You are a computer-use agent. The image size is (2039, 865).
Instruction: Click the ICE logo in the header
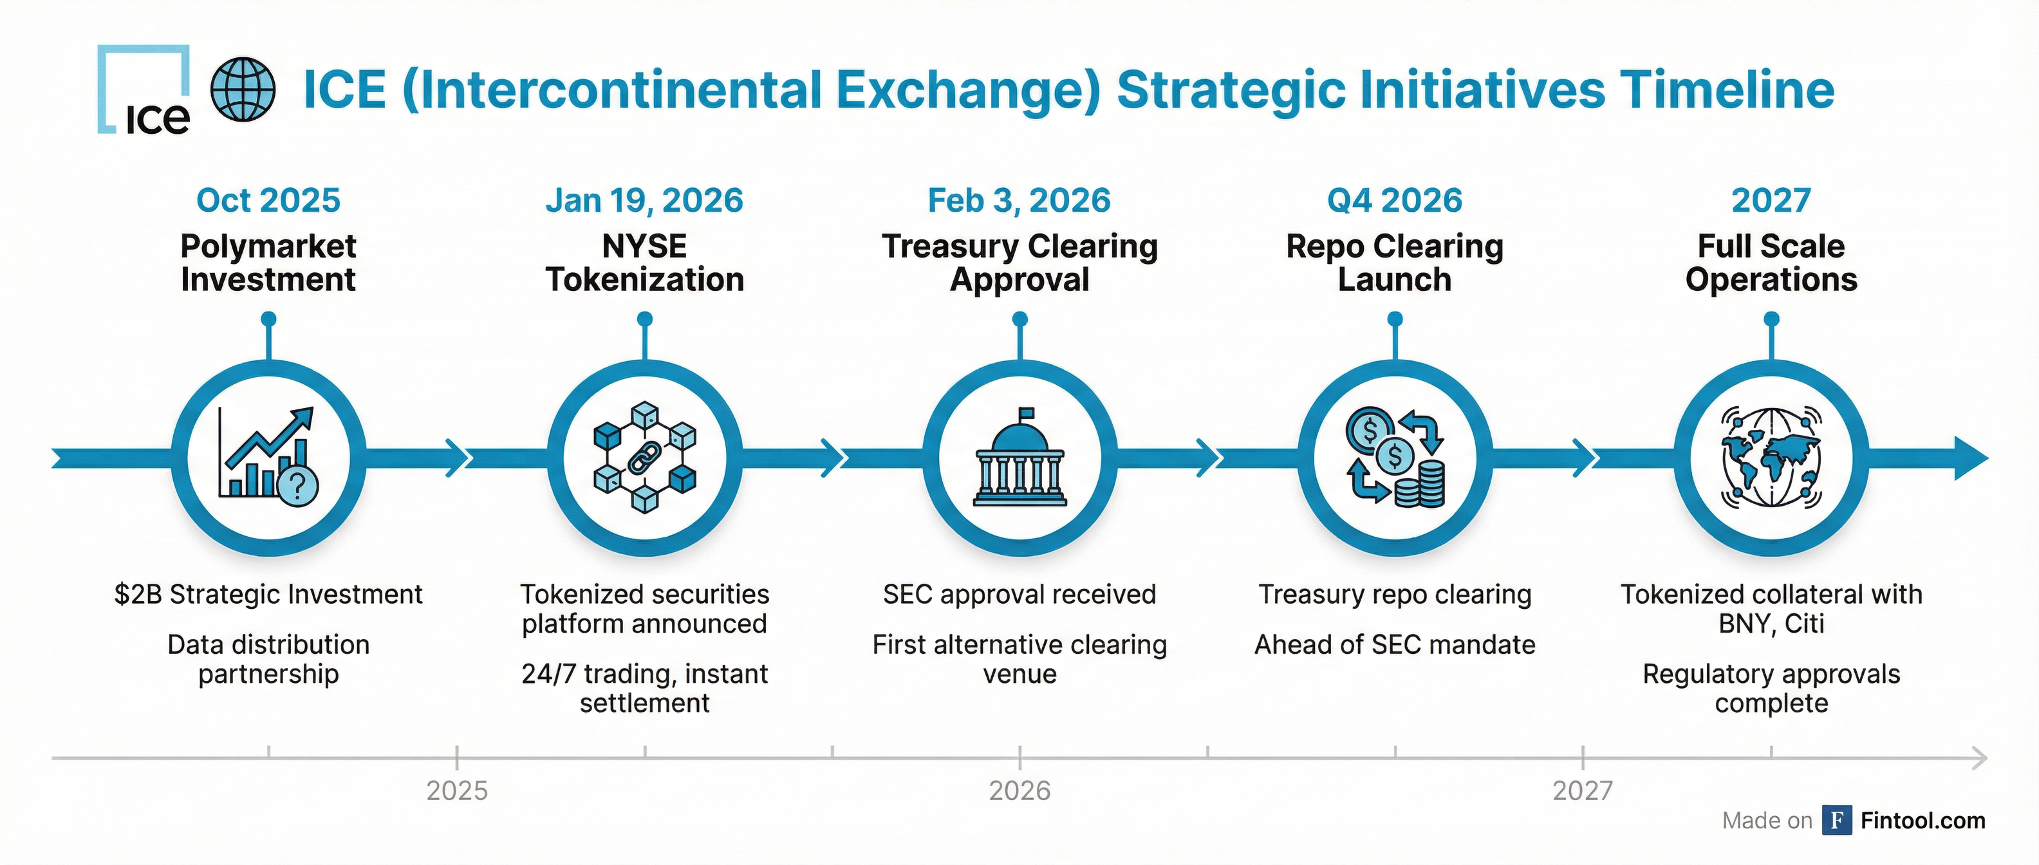[145, 90]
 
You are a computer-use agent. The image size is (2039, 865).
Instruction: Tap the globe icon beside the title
[243, 89]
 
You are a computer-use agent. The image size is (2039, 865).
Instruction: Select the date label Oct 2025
[268, 200]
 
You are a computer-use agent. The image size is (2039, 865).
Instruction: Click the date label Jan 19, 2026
[644, 200]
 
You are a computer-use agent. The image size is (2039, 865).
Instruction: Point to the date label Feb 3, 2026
[1019, 200]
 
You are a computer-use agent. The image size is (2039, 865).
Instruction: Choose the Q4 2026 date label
[1395, 200]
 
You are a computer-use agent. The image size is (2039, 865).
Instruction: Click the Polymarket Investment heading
[268, 263]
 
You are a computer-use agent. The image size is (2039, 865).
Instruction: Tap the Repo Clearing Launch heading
[1395, 263]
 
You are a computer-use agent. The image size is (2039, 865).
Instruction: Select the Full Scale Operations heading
[1771, 263]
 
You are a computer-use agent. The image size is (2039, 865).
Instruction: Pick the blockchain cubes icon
[644, 458]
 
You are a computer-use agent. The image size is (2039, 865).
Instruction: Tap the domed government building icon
[1019, 458]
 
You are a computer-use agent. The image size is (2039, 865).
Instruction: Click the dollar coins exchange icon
[1395, 458]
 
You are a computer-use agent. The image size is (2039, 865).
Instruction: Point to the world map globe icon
[1771, 458]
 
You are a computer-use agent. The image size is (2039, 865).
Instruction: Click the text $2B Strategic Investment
[268, 594]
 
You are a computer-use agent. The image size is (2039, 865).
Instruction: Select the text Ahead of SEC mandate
[1395, 645]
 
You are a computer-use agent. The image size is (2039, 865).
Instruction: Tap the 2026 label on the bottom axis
[1019, 790]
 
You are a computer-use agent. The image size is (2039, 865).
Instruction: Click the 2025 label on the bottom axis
[457, 790]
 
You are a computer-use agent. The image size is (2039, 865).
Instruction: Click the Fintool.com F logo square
[1836, 821]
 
